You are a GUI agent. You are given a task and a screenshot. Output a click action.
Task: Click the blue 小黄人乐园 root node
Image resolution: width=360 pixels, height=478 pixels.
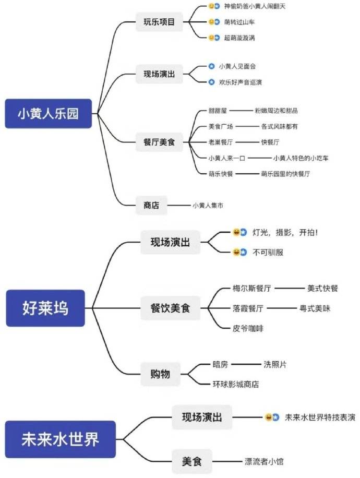48,113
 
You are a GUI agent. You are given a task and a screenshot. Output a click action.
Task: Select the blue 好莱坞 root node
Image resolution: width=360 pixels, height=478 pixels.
45,308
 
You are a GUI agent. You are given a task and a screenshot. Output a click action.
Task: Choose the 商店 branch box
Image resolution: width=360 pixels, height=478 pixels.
151,205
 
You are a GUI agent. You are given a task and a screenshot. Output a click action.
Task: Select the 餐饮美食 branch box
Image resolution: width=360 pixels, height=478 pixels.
171,308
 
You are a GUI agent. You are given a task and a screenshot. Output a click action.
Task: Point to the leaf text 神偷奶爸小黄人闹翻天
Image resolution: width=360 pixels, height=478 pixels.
255,6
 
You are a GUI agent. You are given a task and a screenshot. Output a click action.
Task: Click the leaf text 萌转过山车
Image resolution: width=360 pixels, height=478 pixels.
241,22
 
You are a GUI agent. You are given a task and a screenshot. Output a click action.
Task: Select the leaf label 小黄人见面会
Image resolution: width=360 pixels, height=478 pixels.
237,66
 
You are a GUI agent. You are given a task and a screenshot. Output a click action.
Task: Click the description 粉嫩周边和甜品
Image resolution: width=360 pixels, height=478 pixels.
277,111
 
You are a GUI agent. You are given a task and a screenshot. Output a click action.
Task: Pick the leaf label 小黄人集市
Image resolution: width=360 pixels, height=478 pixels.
208,205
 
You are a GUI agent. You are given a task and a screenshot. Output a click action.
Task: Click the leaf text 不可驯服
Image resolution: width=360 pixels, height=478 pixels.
269,252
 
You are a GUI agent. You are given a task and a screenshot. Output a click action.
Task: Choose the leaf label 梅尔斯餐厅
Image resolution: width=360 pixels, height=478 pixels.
251,288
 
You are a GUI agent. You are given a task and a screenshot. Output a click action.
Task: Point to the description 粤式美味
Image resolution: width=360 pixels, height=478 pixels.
315,308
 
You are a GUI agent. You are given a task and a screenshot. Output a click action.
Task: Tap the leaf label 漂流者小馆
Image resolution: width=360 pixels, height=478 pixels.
264,461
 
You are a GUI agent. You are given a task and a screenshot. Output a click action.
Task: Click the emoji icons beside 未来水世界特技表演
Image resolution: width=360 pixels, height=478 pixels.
272,417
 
